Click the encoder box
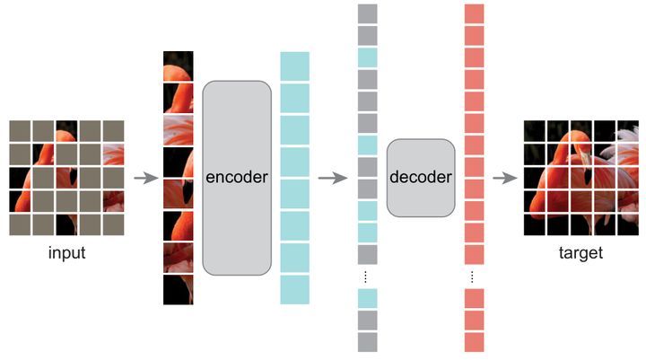tap(236, 177)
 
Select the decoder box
tap(421, 177)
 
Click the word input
tap(66, 253)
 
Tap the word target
tap(581, 253)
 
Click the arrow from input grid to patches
tap(145, 178)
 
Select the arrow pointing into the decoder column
tap(332, 178)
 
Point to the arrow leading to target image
tap(505, 178)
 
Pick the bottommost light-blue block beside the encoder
tap(294, 290)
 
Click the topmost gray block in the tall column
tap(368, 13)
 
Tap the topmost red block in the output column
tap(475, 13)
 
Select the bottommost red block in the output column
tap(475, 342)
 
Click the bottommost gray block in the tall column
tap(368, 342)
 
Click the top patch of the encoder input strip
tap(178, 65)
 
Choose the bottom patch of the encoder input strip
tap(178, 289)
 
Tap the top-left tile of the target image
tap(535, 131)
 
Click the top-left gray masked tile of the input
tap(19, 131)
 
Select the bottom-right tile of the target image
tap(628, 224)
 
